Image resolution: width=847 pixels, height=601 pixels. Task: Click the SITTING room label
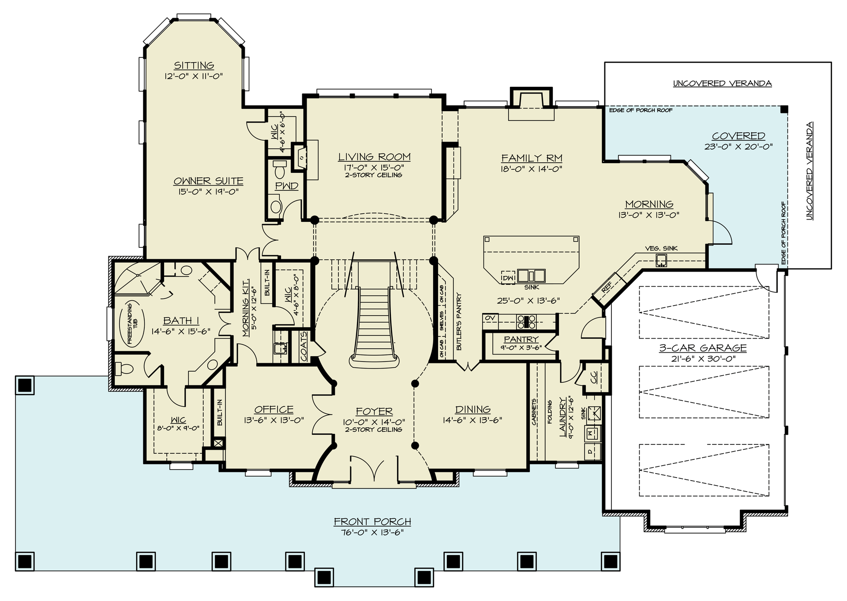point(194,65)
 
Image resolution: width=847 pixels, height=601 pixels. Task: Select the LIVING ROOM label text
point(374,157)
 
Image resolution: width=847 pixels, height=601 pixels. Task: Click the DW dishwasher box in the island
point(508,278)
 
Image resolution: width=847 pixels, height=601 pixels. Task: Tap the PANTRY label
point(521,339)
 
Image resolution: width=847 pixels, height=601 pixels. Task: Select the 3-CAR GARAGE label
point(703,347)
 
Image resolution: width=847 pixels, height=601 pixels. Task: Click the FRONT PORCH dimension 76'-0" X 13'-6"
point(373,532)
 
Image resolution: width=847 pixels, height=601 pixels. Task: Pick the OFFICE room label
point(274,409)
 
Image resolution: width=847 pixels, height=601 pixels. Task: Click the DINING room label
point(472,409)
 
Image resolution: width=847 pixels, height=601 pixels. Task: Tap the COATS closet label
point(304,346)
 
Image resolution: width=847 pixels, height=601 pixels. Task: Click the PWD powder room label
point(287,186)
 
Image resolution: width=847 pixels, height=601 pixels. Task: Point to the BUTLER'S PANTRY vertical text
point(459,322)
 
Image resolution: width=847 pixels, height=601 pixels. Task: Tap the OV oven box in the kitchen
point(490,318)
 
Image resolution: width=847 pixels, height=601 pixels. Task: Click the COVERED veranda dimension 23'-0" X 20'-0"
point(738,147)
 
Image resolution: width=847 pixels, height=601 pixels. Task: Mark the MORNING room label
point(649,204)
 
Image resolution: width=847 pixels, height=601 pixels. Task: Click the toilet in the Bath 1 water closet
point(125,369)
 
